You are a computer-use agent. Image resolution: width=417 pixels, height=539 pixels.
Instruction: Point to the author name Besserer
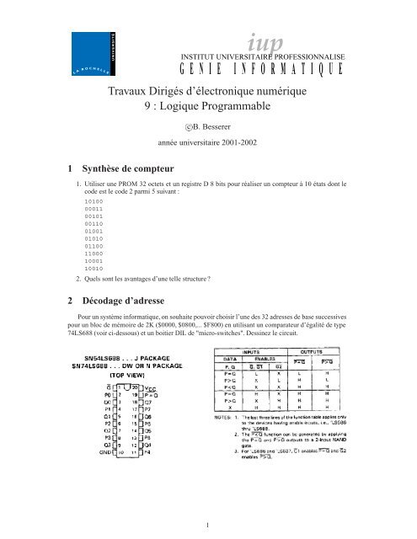pos(221,127)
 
